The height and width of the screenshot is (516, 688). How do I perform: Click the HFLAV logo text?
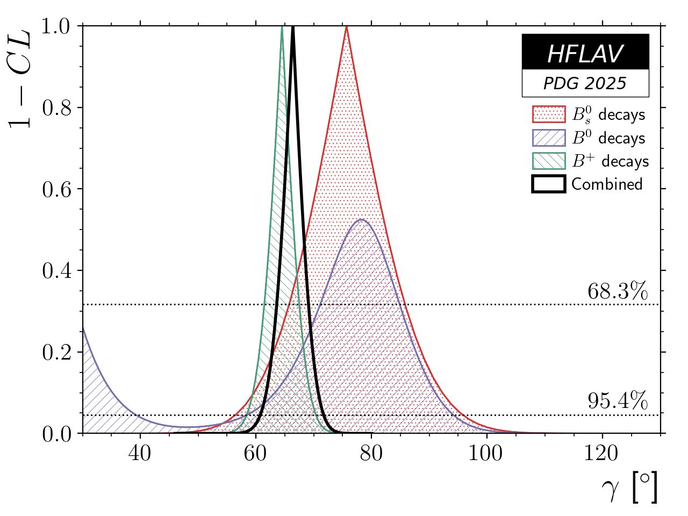(585, 54)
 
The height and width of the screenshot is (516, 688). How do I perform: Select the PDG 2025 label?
(585, 83)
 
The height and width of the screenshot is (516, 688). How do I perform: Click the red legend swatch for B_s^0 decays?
(549, 114)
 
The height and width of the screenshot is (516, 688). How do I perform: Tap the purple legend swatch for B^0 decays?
(549, 138)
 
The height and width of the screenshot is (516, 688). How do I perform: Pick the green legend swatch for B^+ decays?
(549, 161)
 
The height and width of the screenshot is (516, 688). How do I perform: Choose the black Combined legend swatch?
(549, 184)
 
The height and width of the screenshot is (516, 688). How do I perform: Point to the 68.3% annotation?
(618, 291)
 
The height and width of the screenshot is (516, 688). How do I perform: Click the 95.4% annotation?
(618, 401)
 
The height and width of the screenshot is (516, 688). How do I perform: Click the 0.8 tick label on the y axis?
(57, 108)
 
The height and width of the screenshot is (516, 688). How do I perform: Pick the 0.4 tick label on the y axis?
(57, 271)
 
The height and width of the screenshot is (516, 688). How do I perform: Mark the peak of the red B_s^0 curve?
(347, 27)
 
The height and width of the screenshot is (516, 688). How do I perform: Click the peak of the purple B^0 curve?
(362, 219)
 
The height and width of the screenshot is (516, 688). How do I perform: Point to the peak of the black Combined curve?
(293, 27)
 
